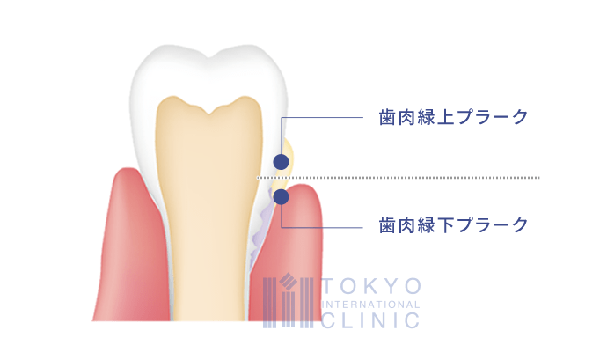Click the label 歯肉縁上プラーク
pyautogui.click(x=453, y=117)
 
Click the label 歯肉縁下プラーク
pyautogui.click(x=453, y=225)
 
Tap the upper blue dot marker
pyautogui.click(x=281, y=162)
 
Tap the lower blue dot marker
pyautogui.click(x=281, y=197)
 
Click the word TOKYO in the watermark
pyautogui.click(x=371, y=286)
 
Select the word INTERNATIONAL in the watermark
pyautogui.click(x=371, y=305)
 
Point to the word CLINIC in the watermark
pyautogui.click(x=371, y=321)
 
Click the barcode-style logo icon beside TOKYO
pyautogui.click(x=288, y=300)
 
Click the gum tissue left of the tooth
pyautogui.click(x=132, y=248)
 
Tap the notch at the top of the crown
pyautogui.click(x=209, y=58)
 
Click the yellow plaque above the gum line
pyautogui.click(x=288, y=155)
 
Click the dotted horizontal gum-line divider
pyautogui.click(x=398, y=178)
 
